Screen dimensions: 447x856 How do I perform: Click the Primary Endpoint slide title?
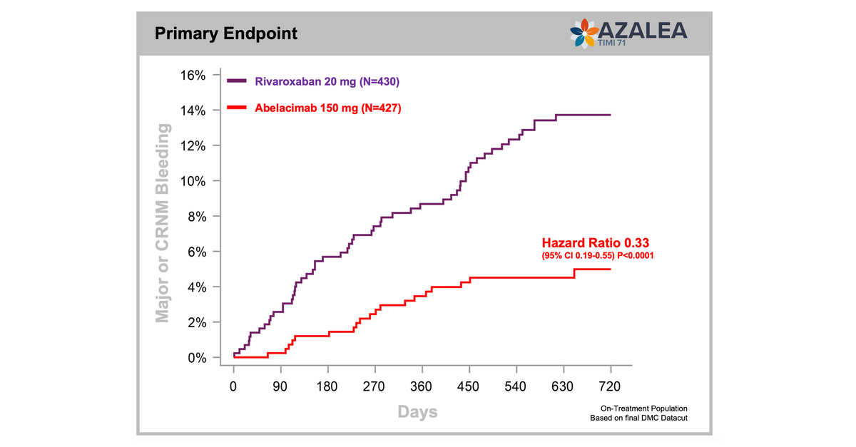[226, 34]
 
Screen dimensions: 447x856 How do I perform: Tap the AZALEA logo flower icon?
[584, 34]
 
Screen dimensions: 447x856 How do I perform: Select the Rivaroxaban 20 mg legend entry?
[326, 81]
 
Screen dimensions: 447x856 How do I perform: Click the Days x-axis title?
[417, 412]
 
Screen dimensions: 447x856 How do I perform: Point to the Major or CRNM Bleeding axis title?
[163, 222]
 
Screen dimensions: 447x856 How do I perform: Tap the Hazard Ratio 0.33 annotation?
[595, 242]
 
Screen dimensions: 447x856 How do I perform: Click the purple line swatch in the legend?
[237, 81]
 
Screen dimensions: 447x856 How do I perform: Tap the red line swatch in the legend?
[237, 108]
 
